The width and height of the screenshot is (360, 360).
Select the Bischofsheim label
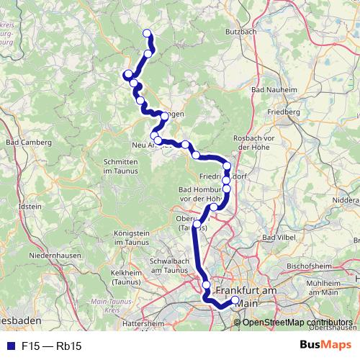tap(309, 264)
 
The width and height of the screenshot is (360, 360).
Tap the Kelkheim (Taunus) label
tap(130, 277)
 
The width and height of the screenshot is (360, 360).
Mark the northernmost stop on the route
tap(148, 33)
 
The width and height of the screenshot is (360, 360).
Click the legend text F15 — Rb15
tap(51, 346)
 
